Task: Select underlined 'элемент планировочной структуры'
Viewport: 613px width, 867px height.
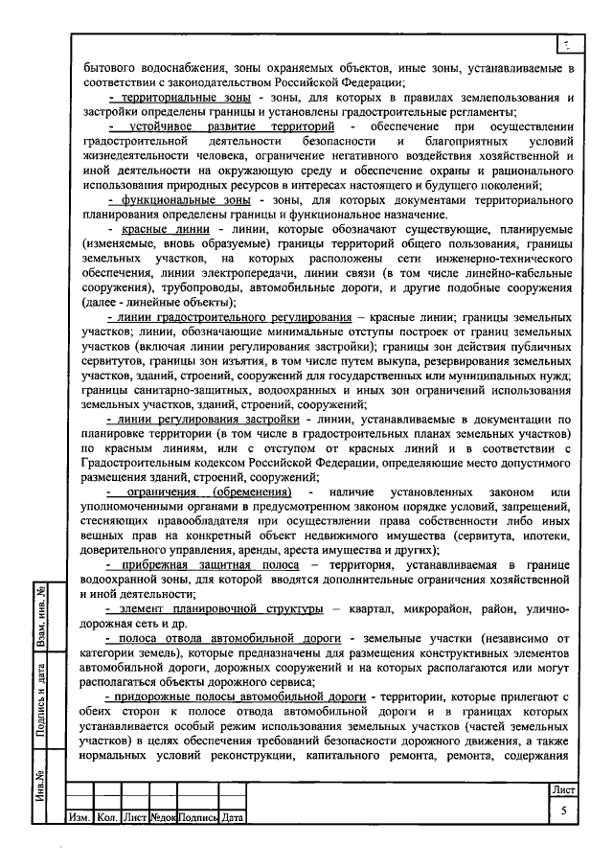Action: pyautogui.click(x=216, y=608)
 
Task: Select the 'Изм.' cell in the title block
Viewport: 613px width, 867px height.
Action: pyautogui.click(x=79, y=818)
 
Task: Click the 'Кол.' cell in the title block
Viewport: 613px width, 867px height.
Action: pyautogui.click(x=107, y=818)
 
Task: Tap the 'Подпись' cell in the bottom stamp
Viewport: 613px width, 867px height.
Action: pyautogui.click(x=197, y=818)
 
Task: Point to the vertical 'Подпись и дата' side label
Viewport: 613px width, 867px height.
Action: pyautogui.click(x=42, y=702)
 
